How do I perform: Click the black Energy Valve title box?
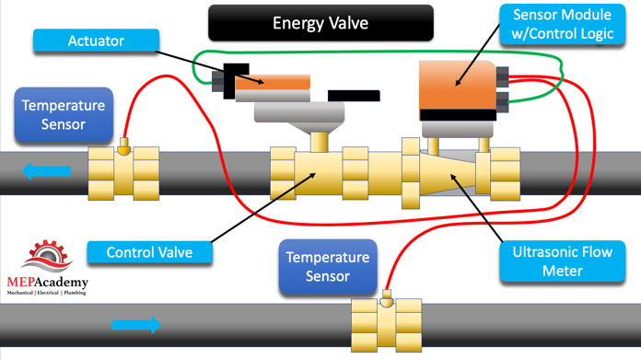pyautogui.click(x=320, y=23)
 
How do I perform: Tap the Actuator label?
pyautogui.click(x=96, y=41)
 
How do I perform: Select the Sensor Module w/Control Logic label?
pyautogui.click(x=562, y=24)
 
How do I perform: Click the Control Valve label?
pyautogui.click(x=149, y=252)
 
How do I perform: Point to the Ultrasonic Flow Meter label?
pyautogui.click(x=562, y=261)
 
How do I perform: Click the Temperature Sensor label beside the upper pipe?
pyautogui.click(x=64, y=115)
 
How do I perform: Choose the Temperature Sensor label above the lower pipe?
pyautogui.click(x=328, y=266)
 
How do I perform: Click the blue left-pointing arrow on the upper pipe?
pyautogui.click(x=46, y=171)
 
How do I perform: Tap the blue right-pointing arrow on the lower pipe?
pyautogui.click(x=136, y=325)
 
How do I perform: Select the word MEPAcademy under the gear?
pyautogui.click(x=47, y=282)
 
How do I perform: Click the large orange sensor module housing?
pyautogui.click(x=458, y=85)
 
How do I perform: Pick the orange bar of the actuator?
pyautogui.click(x=273, y=82)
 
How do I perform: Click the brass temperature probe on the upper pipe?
pyautogui.click(x=123, y=146)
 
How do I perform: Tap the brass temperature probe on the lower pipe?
pyautogui.click(x=386, y=298)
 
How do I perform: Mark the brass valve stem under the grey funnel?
pyautogui.click(x=319, y=142)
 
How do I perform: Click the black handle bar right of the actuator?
pyautogui.click(x=354, y=96)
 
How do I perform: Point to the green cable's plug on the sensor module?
pyautogui.click(x=503, y=102)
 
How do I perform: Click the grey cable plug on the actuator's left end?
pyautogui.click(x=217, y=81)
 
